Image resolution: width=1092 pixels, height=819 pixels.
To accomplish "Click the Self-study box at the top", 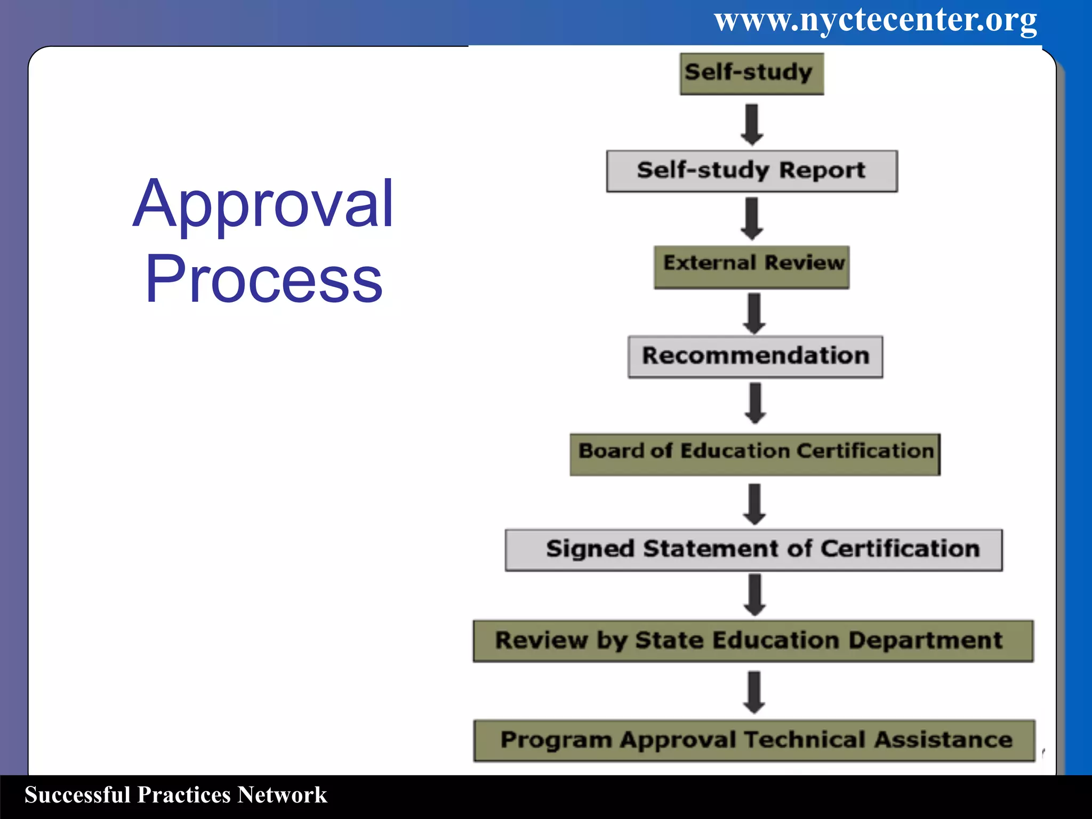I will click(x=751, y=74).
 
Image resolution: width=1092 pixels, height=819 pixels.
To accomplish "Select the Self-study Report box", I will click(x=751, y=171).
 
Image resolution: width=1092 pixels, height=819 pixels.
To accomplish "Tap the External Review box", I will click(x=751, y=267).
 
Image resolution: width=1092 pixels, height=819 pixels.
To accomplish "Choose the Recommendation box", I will click(x=755, y=356).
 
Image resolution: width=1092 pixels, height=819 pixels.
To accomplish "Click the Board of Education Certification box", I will click(x=755, y=454).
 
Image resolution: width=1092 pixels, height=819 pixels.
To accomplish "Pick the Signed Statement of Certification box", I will click(x=753, y=550).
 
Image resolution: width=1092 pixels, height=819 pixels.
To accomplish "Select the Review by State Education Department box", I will click(x=753, y=640).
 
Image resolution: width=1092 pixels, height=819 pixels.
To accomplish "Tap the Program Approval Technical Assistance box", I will click(x=754, y=740).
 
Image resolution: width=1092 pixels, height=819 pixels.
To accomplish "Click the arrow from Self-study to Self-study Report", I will click(x=752, y=125).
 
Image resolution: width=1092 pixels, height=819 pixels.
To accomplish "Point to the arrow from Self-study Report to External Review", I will click(x=752, y=219).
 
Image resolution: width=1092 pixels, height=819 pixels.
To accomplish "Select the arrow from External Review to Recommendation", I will click(x=754, y=314).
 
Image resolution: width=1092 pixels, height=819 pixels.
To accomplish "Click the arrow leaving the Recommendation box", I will click(x=755, y=403).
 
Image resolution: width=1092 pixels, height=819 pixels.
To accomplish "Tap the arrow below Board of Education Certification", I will click(x=754, y=504).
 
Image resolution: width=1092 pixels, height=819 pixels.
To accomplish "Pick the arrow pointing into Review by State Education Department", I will click(x=754, y=595).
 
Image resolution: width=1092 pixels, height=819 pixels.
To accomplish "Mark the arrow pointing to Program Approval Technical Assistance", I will click(x=754, y=692).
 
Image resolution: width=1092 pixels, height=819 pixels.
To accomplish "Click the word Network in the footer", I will click(x=282, y=794).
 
